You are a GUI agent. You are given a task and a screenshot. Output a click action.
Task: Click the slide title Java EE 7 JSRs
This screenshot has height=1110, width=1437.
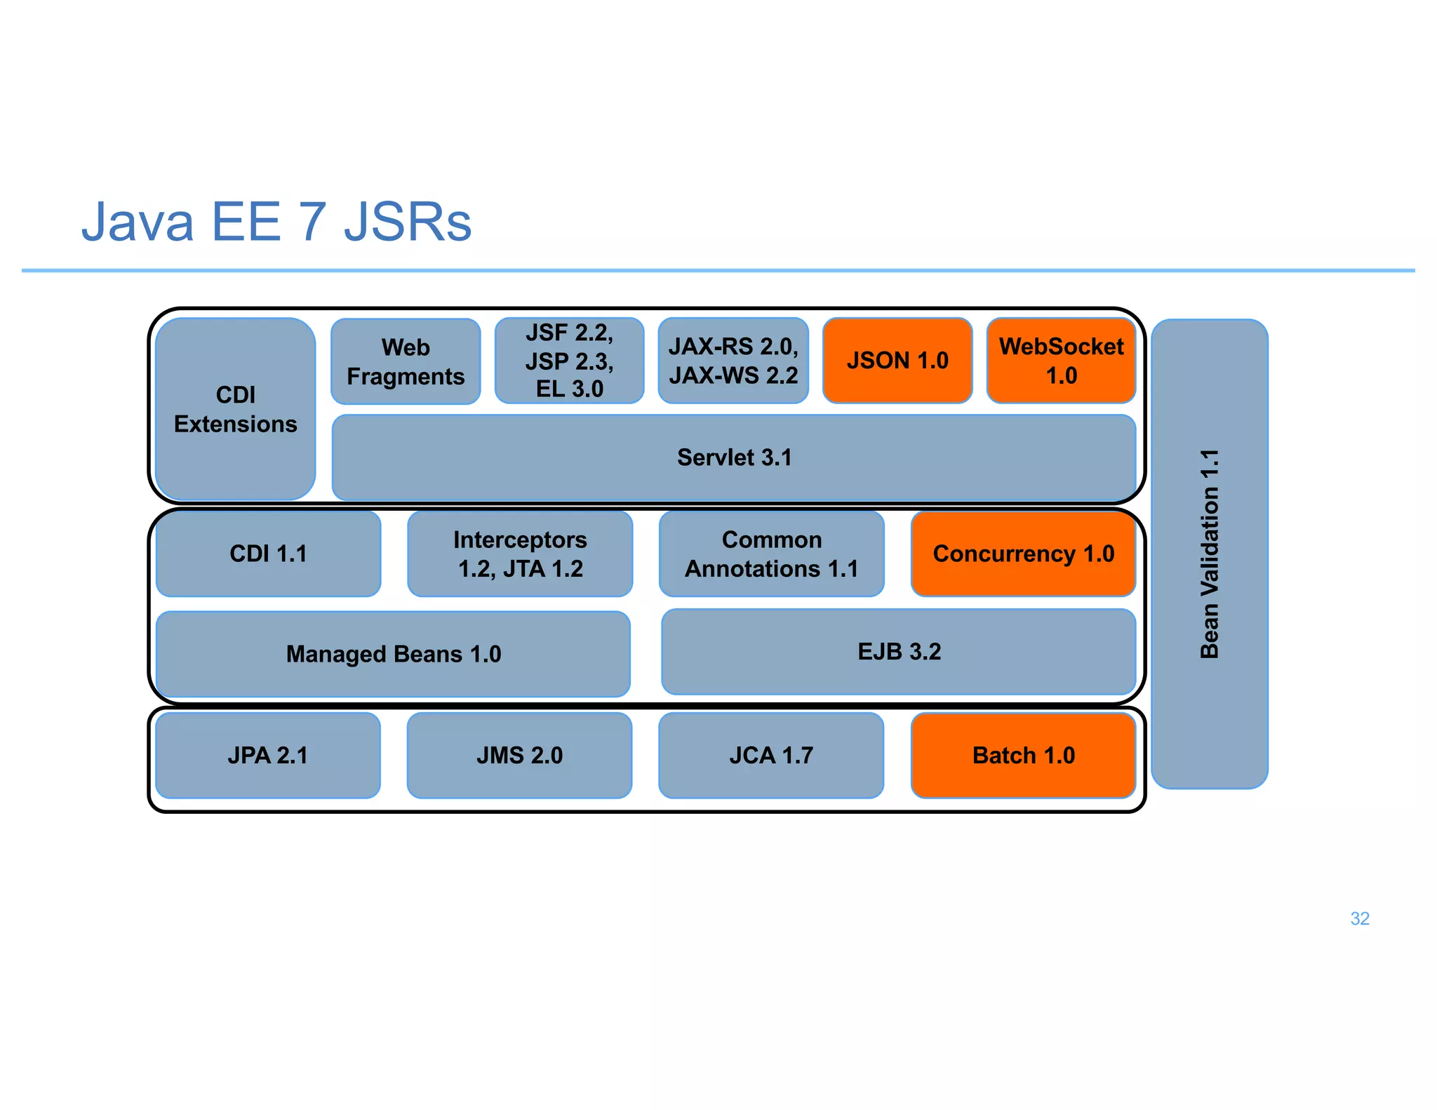tap(276, 222)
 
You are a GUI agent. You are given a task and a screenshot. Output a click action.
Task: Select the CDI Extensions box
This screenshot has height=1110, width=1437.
tap(235, 409)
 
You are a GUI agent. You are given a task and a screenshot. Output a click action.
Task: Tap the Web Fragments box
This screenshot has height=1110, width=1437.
tap(406, 361)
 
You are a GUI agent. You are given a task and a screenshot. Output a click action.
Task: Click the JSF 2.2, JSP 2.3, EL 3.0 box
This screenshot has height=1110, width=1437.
tap(569, 361)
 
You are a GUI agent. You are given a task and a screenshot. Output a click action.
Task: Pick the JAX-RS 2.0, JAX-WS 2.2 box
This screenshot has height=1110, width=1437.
tap(733, 361)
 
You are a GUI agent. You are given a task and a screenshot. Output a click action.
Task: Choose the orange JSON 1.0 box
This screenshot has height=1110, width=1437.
tap(897, 361)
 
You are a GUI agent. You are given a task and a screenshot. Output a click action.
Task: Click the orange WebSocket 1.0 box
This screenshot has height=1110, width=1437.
tap(1061, 361)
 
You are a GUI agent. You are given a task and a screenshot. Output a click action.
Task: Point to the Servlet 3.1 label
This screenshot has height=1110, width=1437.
tap(734, 457)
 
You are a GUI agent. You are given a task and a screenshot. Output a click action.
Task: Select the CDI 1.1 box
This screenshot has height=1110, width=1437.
tap(268, 554)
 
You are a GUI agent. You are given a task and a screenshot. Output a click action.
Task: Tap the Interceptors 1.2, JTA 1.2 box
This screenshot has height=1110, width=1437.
tap(520, 554)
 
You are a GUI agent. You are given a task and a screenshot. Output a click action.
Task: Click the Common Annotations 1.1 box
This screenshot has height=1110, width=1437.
tap(771, 554)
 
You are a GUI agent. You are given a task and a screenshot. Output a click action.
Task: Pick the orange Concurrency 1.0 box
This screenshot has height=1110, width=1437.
tap(1023, 554)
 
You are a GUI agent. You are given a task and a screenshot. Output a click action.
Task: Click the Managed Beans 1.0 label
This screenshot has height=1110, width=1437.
tap(393, 654)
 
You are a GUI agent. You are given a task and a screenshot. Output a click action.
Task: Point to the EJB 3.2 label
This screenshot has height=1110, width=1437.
tap(899, 652)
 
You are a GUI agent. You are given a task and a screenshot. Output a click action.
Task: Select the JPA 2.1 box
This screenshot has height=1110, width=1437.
tap(267, 755)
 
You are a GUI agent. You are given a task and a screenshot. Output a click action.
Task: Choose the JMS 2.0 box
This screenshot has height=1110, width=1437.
tap(519, 755)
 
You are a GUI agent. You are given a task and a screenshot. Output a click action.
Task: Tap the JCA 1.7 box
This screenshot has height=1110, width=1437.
tap(771, 755)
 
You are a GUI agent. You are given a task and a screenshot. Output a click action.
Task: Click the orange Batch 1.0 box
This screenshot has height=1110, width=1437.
tap(1023, 755)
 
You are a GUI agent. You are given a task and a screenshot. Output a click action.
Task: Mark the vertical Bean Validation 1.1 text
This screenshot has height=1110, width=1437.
tap(1210, 554)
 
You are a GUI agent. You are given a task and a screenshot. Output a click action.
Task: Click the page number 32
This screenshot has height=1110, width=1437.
tap(1359, 918)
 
